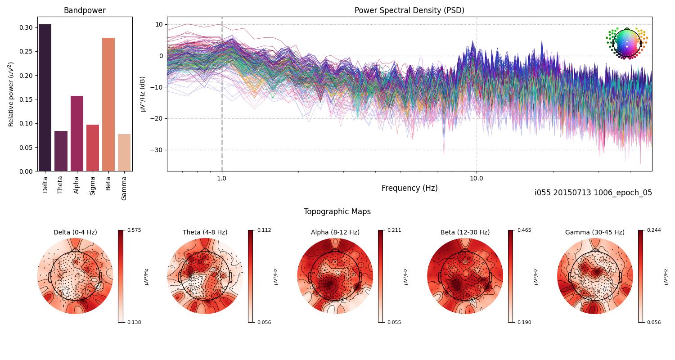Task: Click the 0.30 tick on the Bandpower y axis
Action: (x=26, y=27)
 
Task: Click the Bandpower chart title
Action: (x=85, y=10)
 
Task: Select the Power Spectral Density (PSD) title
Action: (x=409, y=10)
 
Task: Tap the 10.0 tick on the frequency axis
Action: (x=477, y=178)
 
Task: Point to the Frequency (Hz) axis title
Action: (x=409, y=188)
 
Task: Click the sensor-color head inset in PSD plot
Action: (x=626, y=43)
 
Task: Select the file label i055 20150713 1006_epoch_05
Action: (x=593, y=193)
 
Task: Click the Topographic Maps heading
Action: (x=337, y=211)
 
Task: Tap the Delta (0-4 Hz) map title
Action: (x=75, y=232)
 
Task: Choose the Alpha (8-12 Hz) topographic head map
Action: (x=335, y=276)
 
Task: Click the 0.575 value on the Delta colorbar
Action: (x=134, y=230)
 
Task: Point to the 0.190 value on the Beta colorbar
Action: (x=524, y=322)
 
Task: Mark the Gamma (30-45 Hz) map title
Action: (x=594, y=232)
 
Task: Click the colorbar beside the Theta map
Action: (x=251, y=276)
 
